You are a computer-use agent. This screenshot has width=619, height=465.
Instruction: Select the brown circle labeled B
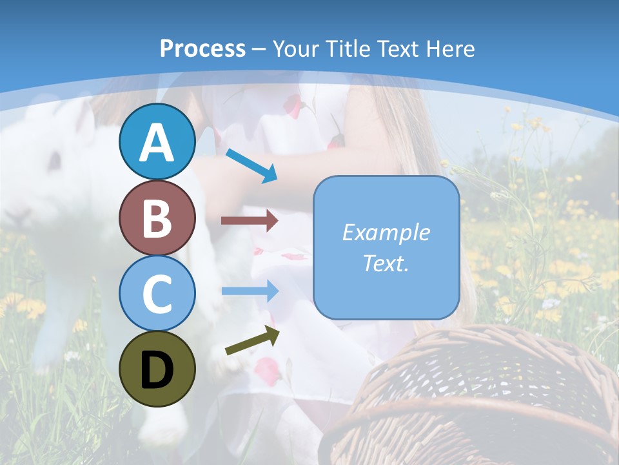pyautogui.click(x=157, y=218)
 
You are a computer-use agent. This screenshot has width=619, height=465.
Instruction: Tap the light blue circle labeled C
pyautogui.click(x=157, y=293)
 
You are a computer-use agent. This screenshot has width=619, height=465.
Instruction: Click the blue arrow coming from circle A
pyautogui.click(x=251, y=165)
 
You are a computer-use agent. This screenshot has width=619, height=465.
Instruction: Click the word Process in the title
pyautogui.click(x=202, y=48)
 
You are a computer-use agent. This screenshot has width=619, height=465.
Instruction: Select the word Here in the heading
pyautogui.click(x=451, y=48)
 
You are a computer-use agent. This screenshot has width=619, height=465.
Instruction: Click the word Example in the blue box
pyautogui.click(x=386, y=232)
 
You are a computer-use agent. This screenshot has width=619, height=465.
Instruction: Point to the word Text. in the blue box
pyautogui.click(x=386, y=263)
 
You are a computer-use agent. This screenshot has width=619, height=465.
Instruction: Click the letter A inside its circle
pyautogui.click(x=157, y=143)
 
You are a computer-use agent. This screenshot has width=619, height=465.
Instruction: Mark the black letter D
pyautogui.click(x=157, y=370)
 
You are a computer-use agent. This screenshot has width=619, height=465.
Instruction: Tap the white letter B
pyautogui.click(x=157, y=218)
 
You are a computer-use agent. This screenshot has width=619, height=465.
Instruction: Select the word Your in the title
pyautogui.click(x=295, y=48)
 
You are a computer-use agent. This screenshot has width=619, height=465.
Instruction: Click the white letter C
pyautogui.click(x=157, y=293)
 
